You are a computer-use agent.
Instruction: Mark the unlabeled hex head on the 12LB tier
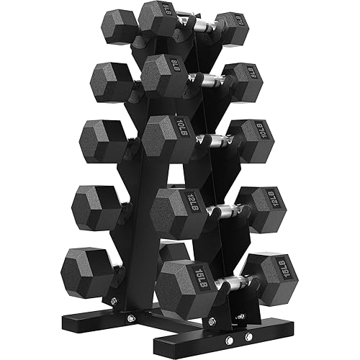(97, 209)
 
